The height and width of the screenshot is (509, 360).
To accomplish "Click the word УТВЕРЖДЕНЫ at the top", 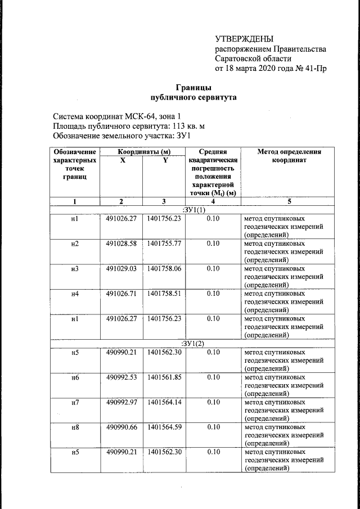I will [244, 39].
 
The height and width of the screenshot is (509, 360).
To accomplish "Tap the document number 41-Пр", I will [313, 69].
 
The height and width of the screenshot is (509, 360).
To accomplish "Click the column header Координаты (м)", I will [144, 152].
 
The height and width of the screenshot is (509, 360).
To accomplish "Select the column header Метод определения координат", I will [289, 156].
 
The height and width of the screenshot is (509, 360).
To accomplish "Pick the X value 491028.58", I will [121, 244].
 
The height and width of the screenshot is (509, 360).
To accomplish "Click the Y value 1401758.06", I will [164, 269].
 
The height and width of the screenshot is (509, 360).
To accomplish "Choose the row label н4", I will [75, 294].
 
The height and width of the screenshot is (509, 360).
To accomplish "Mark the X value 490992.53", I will [121, 377].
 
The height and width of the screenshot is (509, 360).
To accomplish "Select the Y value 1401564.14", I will [164, 402].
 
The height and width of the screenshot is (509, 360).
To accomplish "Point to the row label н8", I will [75, 427].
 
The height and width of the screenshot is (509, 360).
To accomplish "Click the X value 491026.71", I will [121, 294].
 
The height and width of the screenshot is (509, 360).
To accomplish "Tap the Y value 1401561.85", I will [164, 377].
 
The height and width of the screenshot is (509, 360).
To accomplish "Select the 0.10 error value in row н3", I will [213, 269].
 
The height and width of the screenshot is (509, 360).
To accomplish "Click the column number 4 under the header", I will [213, 201].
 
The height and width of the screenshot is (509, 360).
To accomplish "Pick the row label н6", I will [75, 377].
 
